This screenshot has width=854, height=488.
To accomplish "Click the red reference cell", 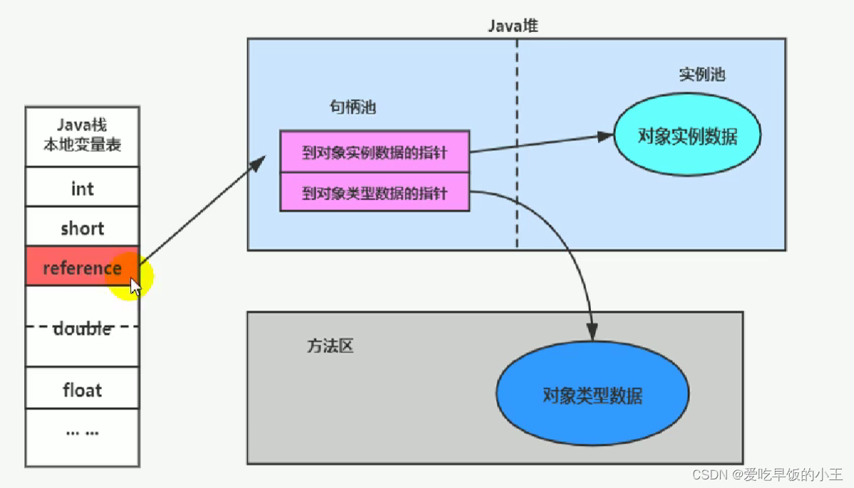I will (x=75, y=268).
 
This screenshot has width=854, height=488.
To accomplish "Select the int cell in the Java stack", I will (x=82, y=188).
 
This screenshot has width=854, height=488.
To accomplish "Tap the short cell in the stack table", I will (x=82, y=228).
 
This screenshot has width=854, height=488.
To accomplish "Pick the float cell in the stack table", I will (x=82, y=390).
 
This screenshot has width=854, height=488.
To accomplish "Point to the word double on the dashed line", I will (x=82, y=328).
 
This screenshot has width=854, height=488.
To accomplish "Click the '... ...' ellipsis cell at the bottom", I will (x=82, y=432).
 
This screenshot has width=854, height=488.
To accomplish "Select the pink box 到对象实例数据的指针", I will (x=374, y=152).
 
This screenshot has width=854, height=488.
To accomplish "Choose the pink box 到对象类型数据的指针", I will (x=374, y=192).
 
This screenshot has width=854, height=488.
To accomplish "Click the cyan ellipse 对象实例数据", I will (x=687, y=135).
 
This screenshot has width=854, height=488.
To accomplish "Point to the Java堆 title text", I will (x=513, y=26).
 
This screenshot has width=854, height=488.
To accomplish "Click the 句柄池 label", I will (x=352, y=108).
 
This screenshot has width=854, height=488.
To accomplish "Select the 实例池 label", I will (x=701, y=75).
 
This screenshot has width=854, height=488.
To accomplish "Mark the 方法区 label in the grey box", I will (x=330, y=346).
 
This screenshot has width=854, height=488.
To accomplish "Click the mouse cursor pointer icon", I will (x=135, y=286).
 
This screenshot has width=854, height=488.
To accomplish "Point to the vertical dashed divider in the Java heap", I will (x=517, y=142).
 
